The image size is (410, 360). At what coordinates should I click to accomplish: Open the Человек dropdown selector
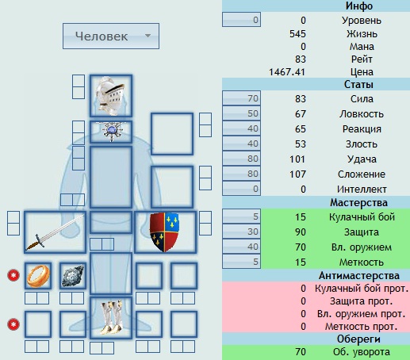coord(111,36)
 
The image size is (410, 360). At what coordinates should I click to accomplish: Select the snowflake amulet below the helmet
coord(112,131)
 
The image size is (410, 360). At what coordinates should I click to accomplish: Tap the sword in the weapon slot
coord(55,232)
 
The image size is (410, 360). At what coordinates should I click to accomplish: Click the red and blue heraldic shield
coord(164,232)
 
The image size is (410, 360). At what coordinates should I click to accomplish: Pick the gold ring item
coord(38,276)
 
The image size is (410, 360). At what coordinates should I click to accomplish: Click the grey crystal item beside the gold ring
coord(73,276)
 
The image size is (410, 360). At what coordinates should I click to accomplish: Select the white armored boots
coord(111,317)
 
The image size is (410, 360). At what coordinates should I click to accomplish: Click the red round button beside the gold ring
coord(13,275)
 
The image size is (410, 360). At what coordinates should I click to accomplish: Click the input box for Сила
coord(241,98)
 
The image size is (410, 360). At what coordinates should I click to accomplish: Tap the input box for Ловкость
coord(241,113)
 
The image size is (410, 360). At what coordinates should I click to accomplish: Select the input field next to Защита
coord(241,232)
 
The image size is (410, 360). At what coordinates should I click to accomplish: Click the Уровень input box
coord(241,20)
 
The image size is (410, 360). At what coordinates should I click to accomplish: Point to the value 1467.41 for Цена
coord(287,72)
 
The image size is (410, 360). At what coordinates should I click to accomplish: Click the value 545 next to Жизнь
coord(297,34)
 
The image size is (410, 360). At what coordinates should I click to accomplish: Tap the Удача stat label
coord(362,159)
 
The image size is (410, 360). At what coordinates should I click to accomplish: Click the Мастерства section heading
coord(358,203)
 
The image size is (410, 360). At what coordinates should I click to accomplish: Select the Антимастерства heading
coord(358,276)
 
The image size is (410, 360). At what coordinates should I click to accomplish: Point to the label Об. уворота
coord(362,352)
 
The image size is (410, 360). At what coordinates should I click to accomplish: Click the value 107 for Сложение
coord(297,174)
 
